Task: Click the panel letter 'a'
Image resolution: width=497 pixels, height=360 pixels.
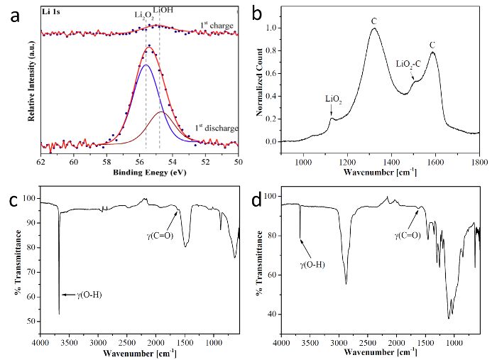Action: [x=11, y=16]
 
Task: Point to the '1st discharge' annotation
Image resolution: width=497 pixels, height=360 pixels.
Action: [x=214, y=128]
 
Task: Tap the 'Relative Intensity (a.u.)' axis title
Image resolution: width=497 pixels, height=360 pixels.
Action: [x=31, y=81]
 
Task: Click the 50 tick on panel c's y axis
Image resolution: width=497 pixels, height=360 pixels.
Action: [x=30, y=321]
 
